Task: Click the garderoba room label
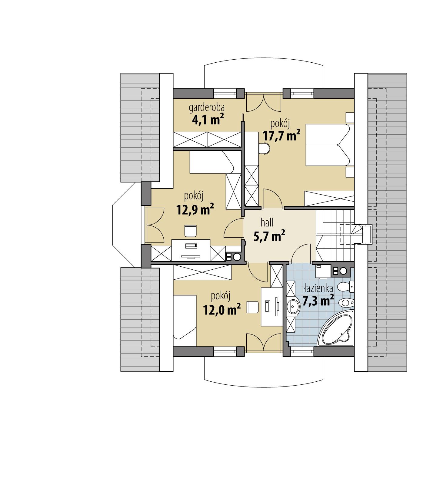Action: [x=207, y=107]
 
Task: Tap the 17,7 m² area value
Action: [x=281, y=136]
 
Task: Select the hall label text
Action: [x=267, y=223]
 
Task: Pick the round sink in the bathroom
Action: [x=293, y=307]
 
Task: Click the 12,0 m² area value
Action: [x=222, y=310]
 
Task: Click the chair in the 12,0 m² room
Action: [x=252, y=307]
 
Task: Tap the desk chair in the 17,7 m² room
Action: [x=265, y=149]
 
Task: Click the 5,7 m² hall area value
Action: [x=269, y=236]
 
